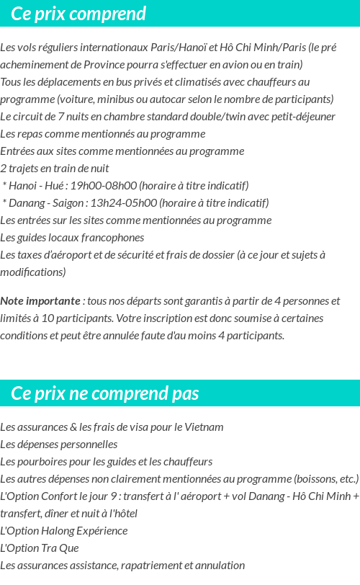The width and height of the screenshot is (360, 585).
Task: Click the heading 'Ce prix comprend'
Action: coord(78,14)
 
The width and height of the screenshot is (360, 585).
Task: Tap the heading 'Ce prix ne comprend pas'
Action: coord(105,393)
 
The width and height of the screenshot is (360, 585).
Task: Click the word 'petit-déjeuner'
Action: coord(302,117)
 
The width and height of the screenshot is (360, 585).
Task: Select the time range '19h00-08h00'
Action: coord(106,186)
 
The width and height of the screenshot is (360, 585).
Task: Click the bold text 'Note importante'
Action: coord(40,301)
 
